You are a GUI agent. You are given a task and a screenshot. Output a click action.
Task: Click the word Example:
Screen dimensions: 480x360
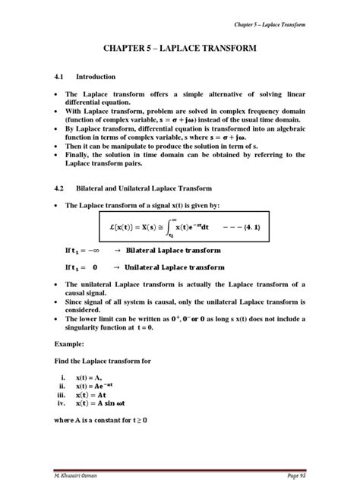tap(69, 343)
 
